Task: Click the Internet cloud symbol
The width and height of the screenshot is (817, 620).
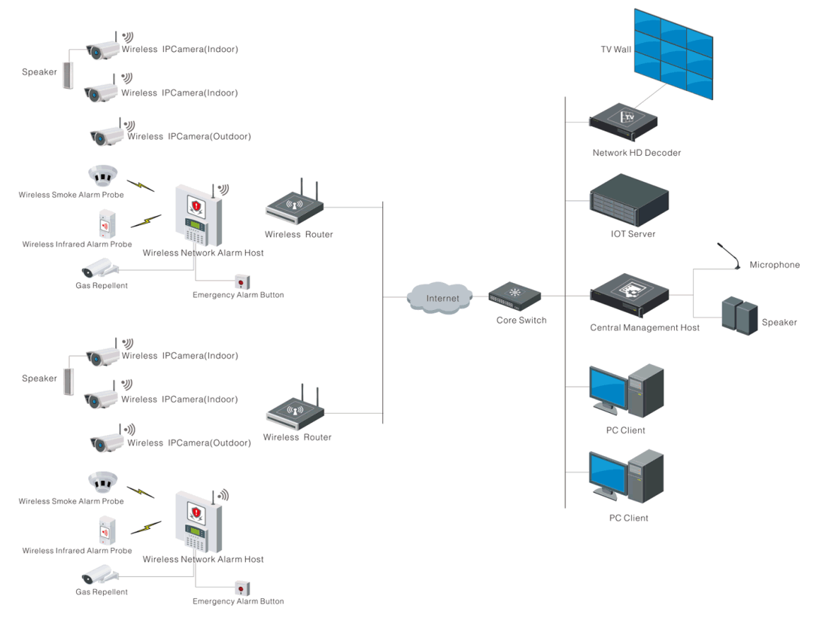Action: pyautogui.click(x=441, y=298)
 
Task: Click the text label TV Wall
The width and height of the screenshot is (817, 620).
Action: pyautogui.click(x=615, y=50)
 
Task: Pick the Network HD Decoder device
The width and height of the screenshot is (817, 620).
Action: pyautogui.click(x=623, y=121)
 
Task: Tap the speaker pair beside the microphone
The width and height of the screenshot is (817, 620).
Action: pyautogui.click(x=738, y=316)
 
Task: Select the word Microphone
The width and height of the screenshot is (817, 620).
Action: pyautogui.click(x=774, y=265)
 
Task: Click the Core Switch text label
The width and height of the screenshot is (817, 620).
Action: pyautogui.click(x=521, y=321)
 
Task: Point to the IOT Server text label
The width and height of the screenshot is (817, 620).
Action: pyautogui.click(x=633, y=234)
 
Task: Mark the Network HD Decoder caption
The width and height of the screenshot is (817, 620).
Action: pyautogui.click(x=636, y=153)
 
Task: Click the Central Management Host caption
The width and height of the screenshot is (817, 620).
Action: pyautogui.click(x=645, y=328)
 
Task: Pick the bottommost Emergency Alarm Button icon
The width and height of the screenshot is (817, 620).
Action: pyautogui.click(x=241, y=588)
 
